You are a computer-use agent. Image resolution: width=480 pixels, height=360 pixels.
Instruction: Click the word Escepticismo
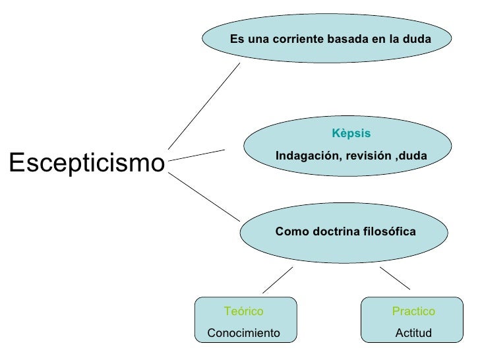(x=86, y=162)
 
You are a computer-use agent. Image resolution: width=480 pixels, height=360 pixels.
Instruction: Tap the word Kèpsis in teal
(x=351, y=134)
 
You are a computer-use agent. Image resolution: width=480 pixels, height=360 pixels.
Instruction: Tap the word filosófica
(x=388, y=232)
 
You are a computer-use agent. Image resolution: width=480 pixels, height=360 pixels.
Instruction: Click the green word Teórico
(x=243, y=311)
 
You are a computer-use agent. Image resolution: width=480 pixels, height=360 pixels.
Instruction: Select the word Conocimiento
(x=243, y=333)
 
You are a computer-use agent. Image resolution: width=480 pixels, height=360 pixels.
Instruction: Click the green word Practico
(x=413, y=311)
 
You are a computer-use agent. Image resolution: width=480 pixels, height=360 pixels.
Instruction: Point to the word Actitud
(x=413, y=333)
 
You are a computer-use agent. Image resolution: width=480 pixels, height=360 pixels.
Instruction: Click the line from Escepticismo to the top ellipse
(x=204, y=106)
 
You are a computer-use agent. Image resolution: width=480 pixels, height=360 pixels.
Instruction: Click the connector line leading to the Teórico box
(x=278, y=280)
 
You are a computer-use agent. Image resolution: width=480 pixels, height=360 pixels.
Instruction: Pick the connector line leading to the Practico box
(x=395, y=278)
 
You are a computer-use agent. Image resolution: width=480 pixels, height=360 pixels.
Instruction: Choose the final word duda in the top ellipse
(x=419, y=40)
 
